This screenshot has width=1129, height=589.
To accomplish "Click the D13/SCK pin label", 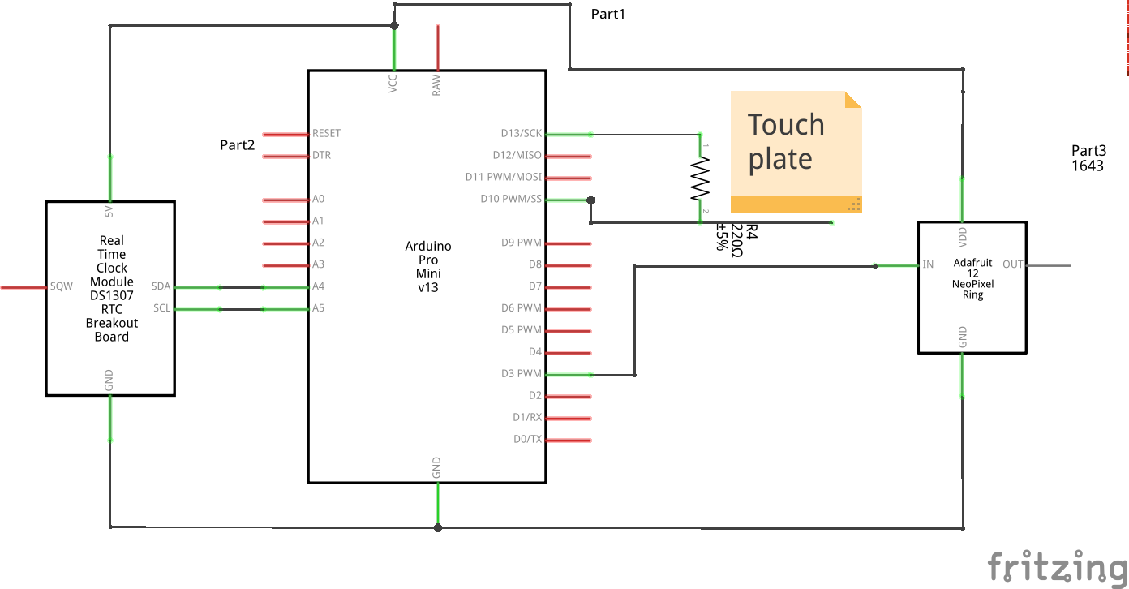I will [x=521, y=134].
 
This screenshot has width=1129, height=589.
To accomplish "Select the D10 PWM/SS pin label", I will [x=511, y=200].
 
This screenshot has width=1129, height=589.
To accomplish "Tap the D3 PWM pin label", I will [x=521, y=374].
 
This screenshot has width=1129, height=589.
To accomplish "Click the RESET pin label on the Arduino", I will [x=326, y=134].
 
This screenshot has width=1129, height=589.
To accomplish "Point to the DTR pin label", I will [x=321, y=156].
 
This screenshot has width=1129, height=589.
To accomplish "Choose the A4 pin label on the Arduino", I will [x=318, y=286].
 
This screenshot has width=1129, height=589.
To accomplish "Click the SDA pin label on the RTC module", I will [x=161, y=286].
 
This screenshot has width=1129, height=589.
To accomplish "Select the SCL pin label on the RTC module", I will [x=161, y=308].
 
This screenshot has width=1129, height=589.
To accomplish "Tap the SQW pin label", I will [x=62, y=286].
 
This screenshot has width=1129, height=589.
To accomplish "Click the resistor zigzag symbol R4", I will [x=699, y=178].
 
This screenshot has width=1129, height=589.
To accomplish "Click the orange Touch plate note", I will [x=796, y=152].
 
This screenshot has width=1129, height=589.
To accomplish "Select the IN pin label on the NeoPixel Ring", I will [x=928, y=264].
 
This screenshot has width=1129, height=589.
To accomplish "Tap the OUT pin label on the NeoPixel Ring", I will [x=1013, y=264].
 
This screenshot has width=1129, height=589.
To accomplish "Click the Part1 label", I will [x=607, y=14].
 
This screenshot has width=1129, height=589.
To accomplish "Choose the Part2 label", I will [x=237, y=145].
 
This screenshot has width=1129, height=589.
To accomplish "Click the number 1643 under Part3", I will [x=1087, y=166].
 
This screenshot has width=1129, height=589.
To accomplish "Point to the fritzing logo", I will [x=1057, y=565].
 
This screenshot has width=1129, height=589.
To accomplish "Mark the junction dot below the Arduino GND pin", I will [x=438, y=527].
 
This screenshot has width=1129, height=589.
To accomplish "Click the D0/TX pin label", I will [x=527, y=440].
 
